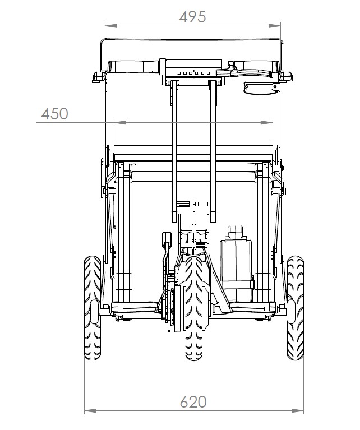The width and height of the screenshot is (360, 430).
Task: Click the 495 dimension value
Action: [192, 17]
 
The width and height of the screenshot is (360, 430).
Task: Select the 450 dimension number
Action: [54, 114]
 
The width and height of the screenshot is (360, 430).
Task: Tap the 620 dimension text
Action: [193, 402]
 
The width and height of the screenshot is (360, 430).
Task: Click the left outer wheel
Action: [93, 308]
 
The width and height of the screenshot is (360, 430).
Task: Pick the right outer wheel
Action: [296, 308]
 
